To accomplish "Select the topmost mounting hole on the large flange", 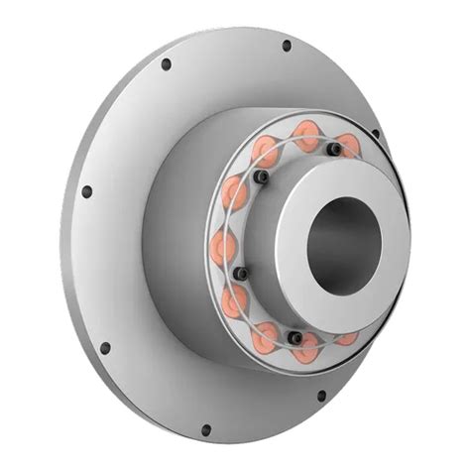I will click(287, 46).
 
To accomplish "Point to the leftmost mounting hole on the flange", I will click(86, 191).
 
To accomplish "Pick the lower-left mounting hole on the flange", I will click(105, 348).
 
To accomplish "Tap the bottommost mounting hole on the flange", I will click(205, 430).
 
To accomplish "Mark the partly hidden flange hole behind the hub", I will click(376, 134).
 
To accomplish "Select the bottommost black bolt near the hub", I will click(294, 338).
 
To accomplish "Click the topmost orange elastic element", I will click(306, 131).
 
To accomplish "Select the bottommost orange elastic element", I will click(307, 348).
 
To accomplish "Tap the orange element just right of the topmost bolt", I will click(350, 146).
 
